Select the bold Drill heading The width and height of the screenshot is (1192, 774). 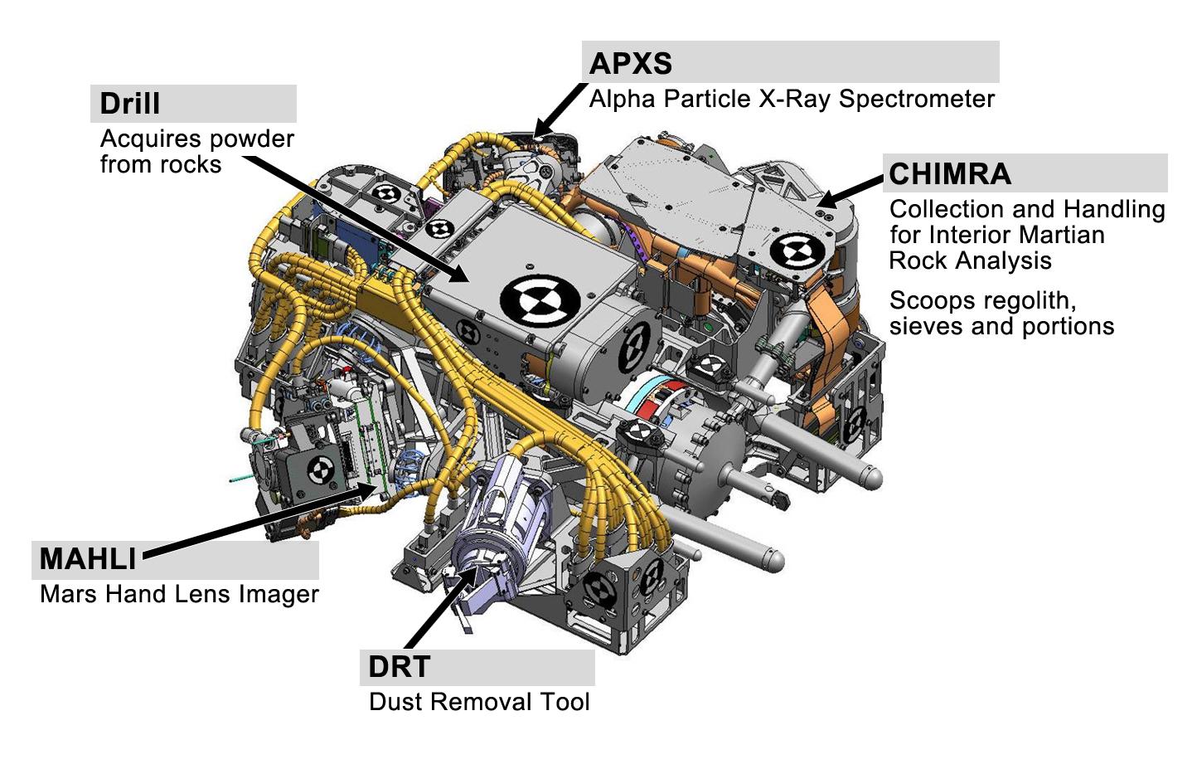[129, 104]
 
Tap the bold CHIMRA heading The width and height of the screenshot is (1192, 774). [949, 174]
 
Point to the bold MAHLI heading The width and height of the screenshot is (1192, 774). [88, 559]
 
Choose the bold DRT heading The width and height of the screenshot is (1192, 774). [399, 667]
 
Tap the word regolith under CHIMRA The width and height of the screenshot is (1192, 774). [1027, 300]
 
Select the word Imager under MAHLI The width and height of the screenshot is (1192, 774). [279, 594]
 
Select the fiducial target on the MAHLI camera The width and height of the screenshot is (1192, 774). [320, 470]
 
